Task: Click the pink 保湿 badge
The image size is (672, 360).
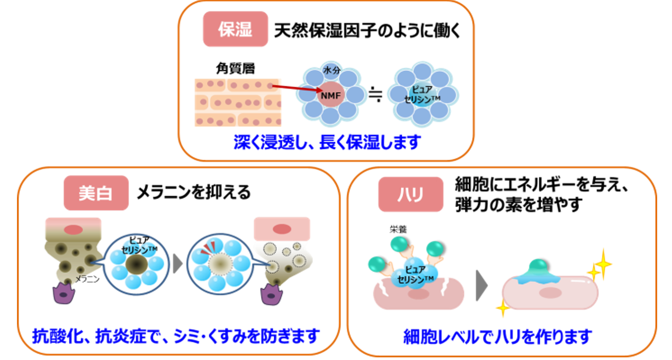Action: [235, 29]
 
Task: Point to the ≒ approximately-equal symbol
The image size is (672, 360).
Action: [375, 94]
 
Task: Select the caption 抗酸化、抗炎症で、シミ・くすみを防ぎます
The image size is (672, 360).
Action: [176, 335]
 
